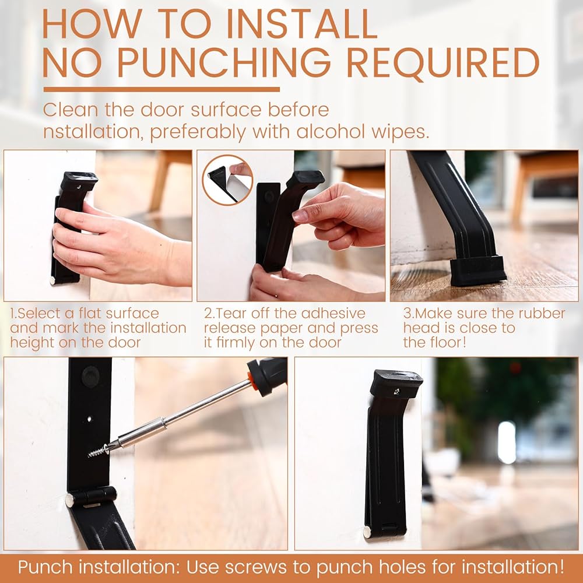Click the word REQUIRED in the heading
[x=442, y=63]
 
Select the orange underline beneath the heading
[x=161, y=89]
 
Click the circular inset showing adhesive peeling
[x=227, y=180]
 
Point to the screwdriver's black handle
[x=268, y=376]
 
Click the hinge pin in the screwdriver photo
[x=70, y=500]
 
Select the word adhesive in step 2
[x=333, y=314]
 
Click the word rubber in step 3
[x=542, y=314]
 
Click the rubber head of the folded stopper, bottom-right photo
[x=396, y=384]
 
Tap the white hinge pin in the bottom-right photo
[x=367, y=532]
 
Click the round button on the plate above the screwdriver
[x=90, y=376]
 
